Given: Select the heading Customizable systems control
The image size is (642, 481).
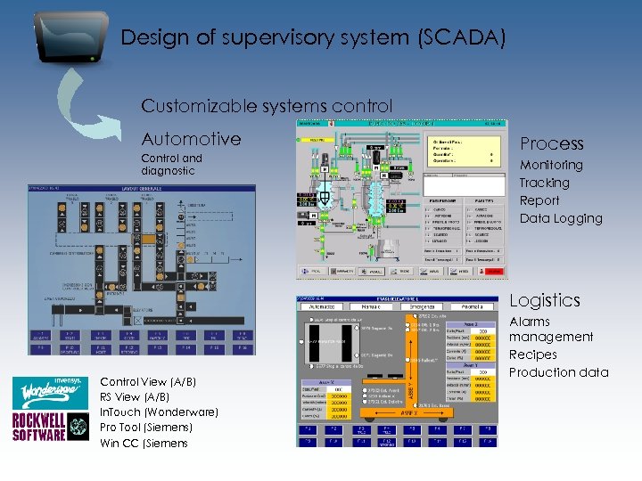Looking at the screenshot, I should click(267, 106).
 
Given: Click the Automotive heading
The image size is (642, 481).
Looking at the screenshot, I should click(191, 138).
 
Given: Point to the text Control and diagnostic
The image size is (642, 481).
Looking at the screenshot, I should click(171, 164).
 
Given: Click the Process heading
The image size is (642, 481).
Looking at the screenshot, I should click(551, 143).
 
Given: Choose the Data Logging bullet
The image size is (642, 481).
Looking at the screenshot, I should click(561, 218).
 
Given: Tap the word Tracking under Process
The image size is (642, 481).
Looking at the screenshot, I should click(544, 183).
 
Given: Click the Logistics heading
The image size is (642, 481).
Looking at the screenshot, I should click(544, 300).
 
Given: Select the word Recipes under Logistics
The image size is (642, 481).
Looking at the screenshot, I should click(532, 355).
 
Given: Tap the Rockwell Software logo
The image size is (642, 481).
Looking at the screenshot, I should click(39, 426).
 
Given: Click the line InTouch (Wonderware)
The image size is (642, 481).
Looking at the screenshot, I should click(159, 412).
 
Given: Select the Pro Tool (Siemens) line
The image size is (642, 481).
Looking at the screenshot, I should click(146, 428).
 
